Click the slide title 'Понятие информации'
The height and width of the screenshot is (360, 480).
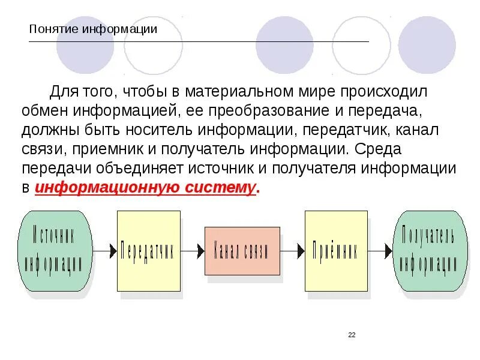pos(93,29)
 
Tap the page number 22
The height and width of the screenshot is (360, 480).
pos(352,335)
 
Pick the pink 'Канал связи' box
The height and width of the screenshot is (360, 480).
pos(242,251)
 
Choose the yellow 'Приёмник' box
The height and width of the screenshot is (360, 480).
pos(336,250)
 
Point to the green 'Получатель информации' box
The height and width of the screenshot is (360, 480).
pos(430,250)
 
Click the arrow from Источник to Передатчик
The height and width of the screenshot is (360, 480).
pos(104,251)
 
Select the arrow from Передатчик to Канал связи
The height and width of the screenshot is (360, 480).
pos(192,251)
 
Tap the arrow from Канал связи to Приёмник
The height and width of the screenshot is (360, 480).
pos(292,251)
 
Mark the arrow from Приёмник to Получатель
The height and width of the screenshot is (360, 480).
pos(380,251)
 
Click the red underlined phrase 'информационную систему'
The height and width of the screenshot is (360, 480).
pos(146,187)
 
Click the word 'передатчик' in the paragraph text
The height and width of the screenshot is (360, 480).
pos(342,130)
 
